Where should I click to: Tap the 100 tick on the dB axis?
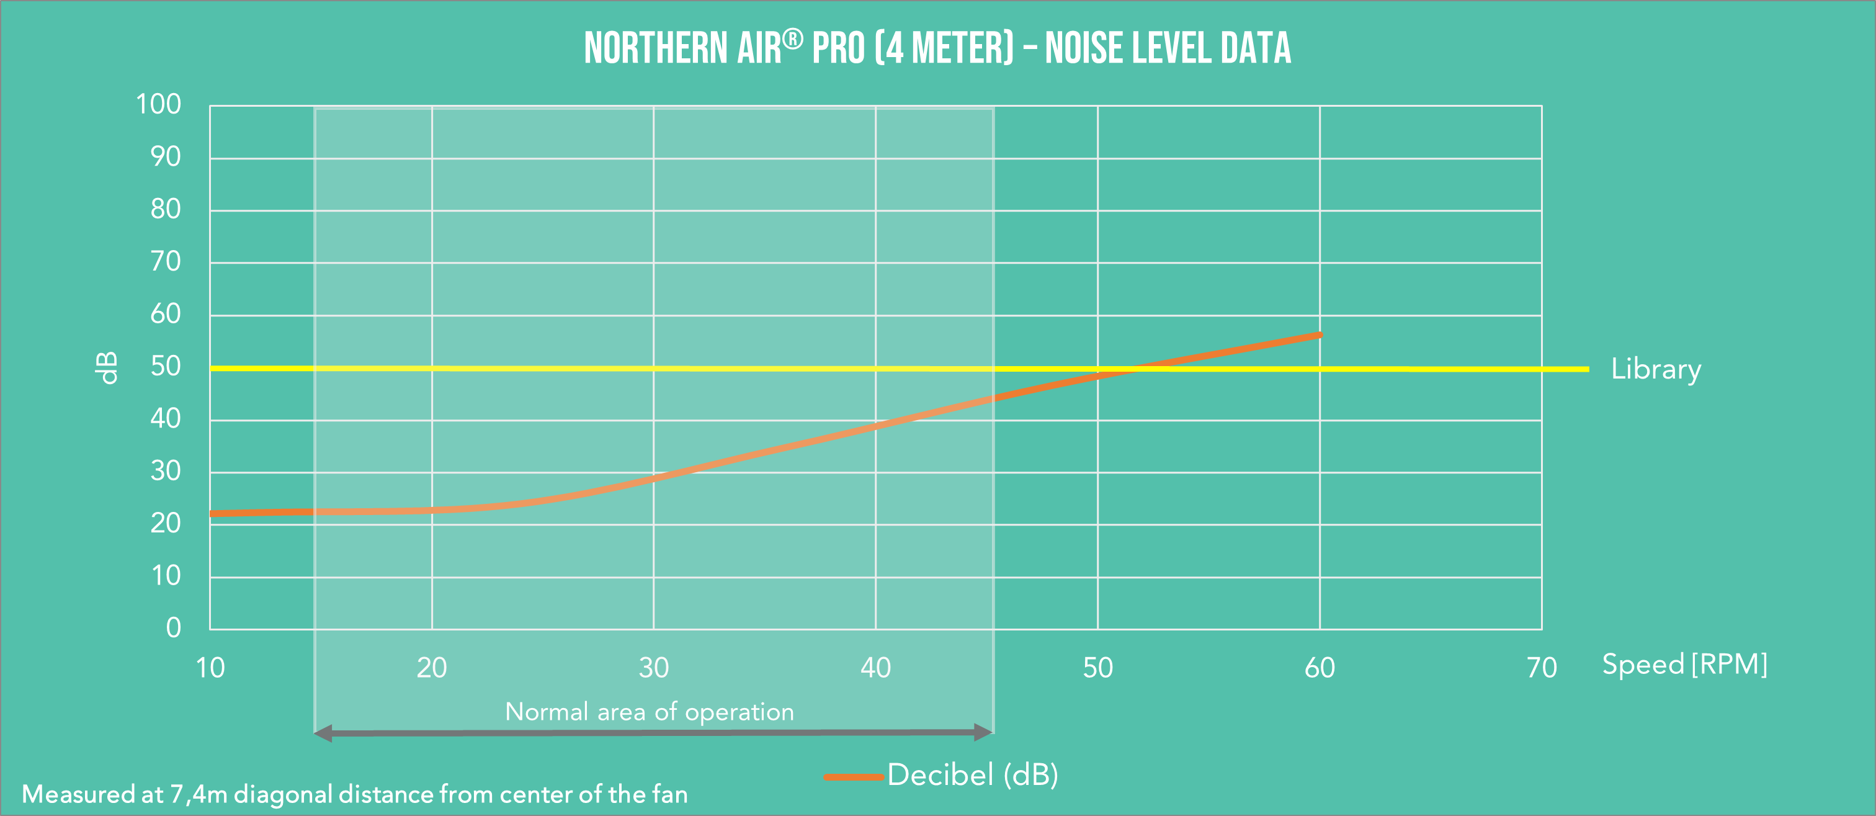click(x=158, y=104)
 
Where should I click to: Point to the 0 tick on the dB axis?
click(x=173, y=627)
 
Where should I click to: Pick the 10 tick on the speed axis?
click(x=210, y=667)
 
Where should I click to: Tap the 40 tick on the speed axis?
click(x=875, y=667)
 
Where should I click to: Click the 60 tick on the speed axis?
click(x=1320, y=667)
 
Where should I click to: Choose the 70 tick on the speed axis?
click(x=1542, y=667)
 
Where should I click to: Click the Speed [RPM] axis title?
click(x=1684, y=665)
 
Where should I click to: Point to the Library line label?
click(x=1655, y=369)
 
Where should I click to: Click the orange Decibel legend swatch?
click(x=854, y=777)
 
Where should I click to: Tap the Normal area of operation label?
click(x=649, y=712)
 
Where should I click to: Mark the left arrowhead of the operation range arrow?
click(x=323, y=733)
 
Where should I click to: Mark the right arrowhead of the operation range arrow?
click(x=983, y=732)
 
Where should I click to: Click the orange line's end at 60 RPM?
click(x=1319, y=335)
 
